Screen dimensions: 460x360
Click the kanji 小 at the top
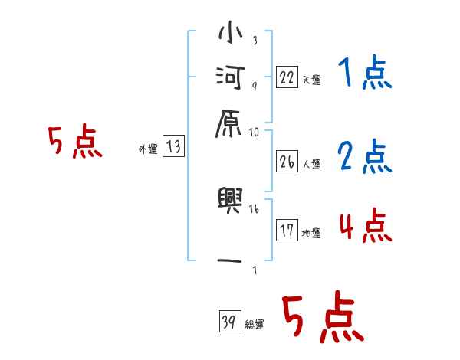[x=231, y=35]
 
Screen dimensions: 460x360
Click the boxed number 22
[x=287, y=77]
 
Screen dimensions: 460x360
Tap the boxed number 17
[x=287, y=231]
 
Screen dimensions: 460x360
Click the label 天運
[x=311, y=80]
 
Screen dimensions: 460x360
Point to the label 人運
[x=311, y=164]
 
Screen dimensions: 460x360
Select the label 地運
[x=311, y=234]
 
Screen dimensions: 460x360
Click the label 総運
[x=255, y=325]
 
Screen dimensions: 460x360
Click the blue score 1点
[x=364, y=74]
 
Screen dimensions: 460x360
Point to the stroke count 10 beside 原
[x=255, y=133]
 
